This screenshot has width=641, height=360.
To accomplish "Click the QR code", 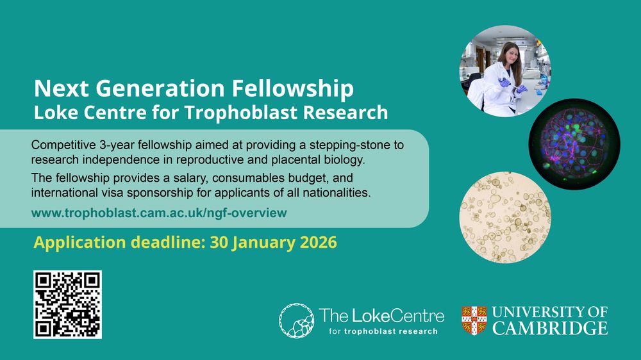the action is tap(67, 304).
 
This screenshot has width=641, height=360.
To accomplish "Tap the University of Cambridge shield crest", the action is tap(474, 320).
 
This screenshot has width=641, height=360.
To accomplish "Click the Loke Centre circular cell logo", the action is tap(296, 320).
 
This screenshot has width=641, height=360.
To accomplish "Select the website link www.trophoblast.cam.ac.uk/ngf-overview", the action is tap(159, 213).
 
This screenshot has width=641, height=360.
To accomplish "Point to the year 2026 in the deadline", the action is tap(319, 242).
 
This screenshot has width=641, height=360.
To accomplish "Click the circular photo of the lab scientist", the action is tap(505, 71).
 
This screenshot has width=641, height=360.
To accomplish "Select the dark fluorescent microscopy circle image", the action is tap(574, 144).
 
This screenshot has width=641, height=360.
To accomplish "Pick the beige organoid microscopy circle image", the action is tap(505, 217).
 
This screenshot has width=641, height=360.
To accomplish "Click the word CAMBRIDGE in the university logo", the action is tap(550, 328).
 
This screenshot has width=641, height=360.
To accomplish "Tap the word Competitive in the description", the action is tap(63, 145).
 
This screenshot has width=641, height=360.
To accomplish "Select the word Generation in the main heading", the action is tap(160, 88).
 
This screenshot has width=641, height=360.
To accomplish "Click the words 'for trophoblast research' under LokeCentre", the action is tap(383, 331).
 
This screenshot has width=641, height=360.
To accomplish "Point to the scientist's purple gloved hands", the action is tap(512, 85).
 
